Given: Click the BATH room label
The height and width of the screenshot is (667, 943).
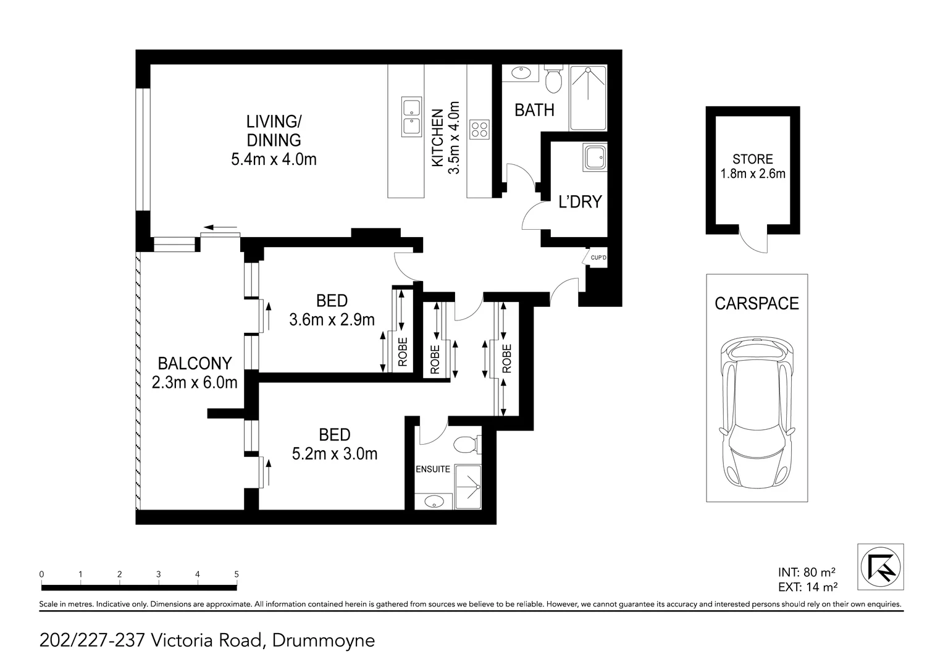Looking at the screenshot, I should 534,110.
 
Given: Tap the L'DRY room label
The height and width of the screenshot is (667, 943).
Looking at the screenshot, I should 579,202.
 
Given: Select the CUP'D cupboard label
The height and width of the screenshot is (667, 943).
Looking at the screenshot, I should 598,258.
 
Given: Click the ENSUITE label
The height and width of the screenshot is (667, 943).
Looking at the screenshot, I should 432,469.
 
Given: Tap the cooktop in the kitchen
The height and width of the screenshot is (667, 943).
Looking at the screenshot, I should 479,129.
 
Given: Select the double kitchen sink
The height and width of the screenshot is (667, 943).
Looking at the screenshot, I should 410,116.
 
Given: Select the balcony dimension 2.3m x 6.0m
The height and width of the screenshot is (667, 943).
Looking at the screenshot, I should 195,383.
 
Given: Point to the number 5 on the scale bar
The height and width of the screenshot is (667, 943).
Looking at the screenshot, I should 237,574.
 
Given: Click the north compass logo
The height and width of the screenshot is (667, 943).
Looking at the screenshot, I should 881,566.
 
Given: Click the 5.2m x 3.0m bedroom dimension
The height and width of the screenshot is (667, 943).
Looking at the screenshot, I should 334,454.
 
